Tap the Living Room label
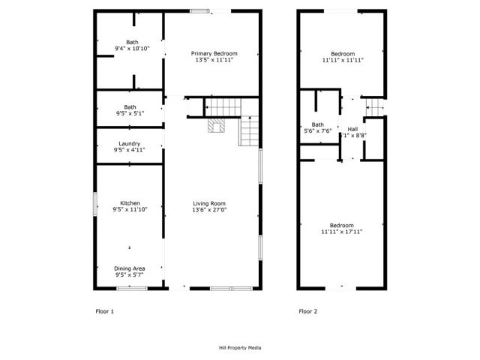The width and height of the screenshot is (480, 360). tap(209, 203)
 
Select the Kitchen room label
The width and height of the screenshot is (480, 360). tap(130, 203)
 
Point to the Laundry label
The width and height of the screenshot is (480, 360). tap(130, 143)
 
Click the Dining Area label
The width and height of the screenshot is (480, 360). tap(130, 268)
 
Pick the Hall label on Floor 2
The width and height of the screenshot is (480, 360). tap(352, 129)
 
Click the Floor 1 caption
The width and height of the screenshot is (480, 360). tap(104, 310)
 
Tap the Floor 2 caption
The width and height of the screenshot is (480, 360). tap(308, 310)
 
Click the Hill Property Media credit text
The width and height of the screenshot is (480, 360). tap(240, 348)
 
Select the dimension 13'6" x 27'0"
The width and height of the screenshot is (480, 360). tap(209, 210)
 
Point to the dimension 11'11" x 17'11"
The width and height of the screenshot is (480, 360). tap(342, 232)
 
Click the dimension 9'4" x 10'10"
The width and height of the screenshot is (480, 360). tap(132, 49)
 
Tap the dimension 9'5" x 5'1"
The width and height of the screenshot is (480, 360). tap(130, 113)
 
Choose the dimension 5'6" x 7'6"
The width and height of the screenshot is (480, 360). tap(318, 130)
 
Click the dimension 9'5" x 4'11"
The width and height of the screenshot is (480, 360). tap(130, 150)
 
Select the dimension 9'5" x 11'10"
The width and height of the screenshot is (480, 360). tap(130, 210)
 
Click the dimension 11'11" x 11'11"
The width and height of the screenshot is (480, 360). tap(343, 60)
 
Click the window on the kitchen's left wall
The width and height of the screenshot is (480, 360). tap(95, 204)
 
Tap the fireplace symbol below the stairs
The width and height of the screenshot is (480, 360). tap(216, 126)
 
